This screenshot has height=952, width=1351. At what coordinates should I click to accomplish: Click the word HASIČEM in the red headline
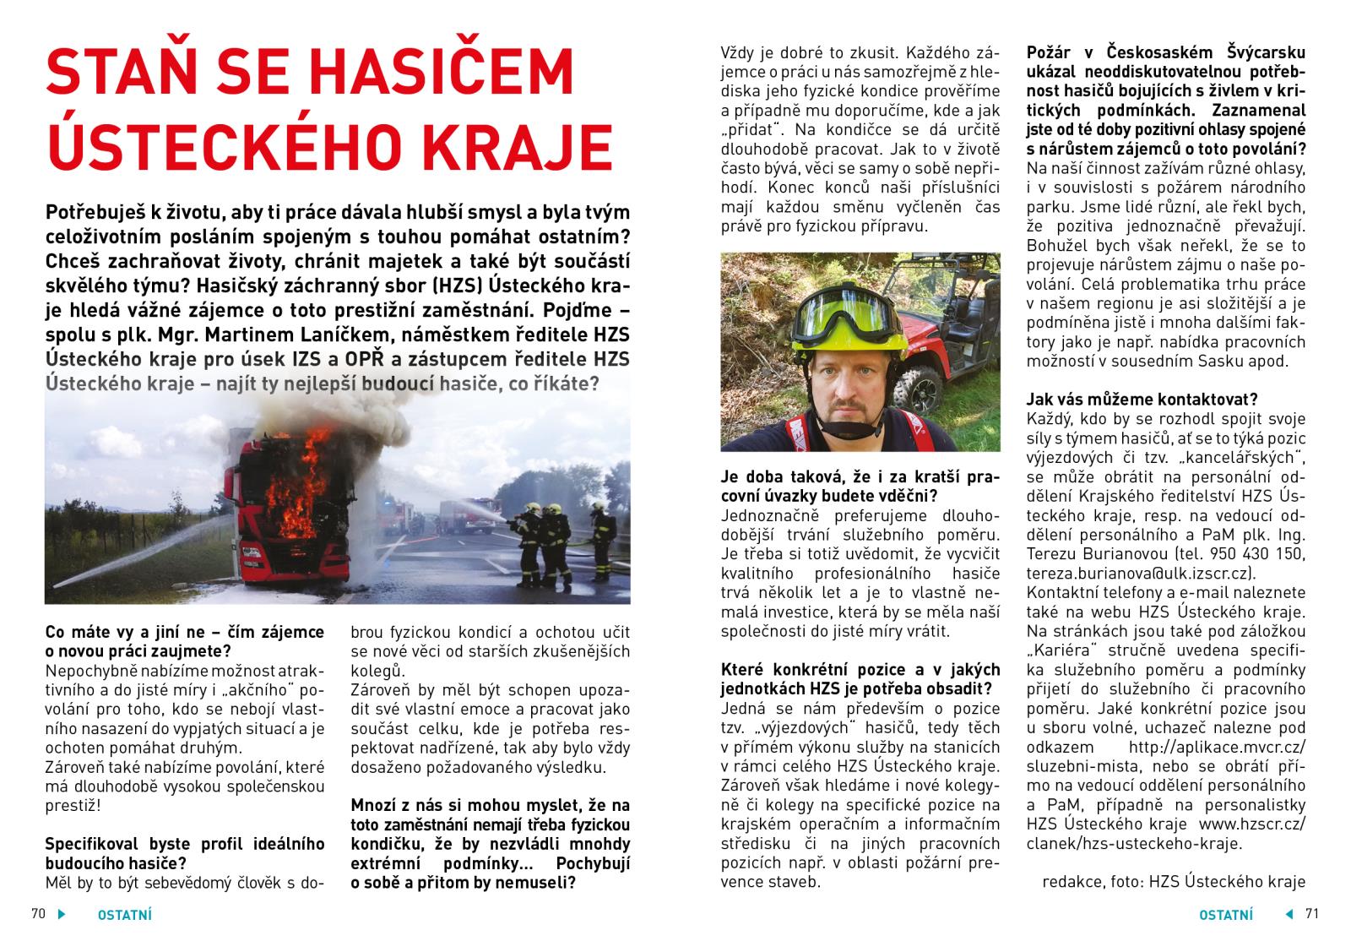[427, 72]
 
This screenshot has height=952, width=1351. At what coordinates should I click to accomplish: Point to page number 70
[38, 914]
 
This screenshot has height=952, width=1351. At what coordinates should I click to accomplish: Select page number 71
[1311, 914]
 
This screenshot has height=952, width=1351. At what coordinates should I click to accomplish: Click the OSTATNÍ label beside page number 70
[125, 915]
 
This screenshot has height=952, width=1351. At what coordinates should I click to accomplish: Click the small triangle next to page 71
[1289, 914]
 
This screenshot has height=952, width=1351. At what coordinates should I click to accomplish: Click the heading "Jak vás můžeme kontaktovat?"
[1142, 400]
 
